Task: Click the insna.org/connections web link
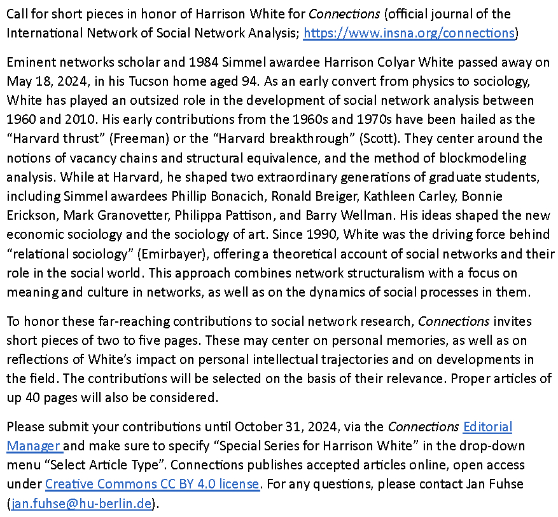click(x=408, y=33)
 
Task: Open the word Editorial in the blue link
click(x=487, y=426)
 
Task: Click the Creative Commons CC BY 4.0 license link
click(x=152, y=483)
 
